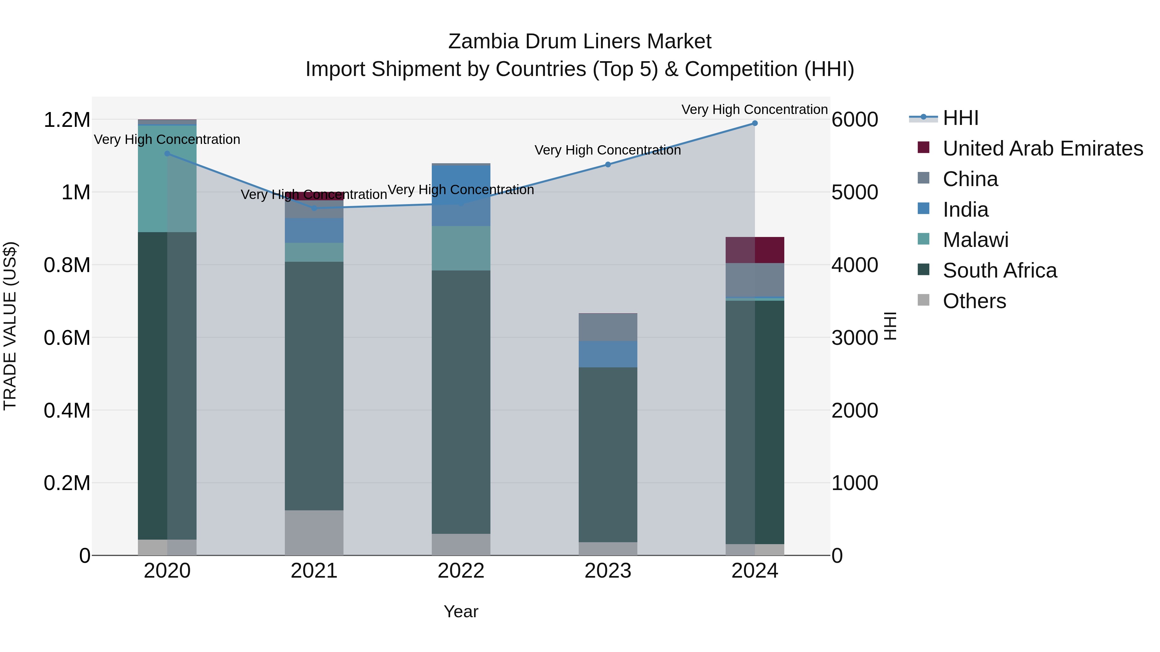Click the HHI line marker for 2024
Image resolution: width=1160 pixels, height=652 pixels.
pyautogui.click(x=755, y=123)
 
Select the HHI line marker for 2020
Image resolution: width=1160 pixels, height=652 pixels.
pyautogui.click(x=167, y=154)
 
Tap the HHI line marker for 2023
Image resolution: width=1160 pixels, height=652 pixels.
pyautogui.click(x=608, y=165)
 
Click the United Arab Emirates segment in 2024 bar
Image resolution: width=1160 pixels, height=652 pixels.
pyautogui.click(x=755, y=250)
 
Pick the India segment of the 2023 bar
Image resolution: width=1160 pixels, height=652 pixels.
pyautogui.click(x=608, y=354)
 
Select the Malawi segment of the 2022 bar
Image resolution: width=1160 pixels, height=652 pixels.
pyautogui.click(x=461, y=248)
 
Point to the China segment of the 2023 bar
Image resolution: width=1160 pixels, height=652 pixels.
pyautogui.click(x=608, y=327)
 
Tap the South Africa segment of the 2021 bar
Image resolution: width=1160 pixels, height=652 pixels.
pyautogui.click(x=314, y=386)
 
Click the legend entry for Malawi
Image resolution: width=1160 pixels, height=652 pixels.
pyautogui.click(x=975, y=240)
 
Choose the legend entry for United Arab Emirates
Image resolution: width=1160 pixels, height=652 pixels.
pyautogui.click(x=1042, y=148)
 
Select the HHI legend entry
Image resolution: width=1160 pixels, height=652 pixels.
pyautogui.click(x=960, y=118)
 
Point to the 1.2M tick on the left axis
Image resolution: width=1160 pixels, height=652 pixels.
pyautogui.click(x=67, y=120)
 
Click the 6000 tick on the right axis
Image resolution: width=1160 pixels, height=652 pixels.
pyautogui.click(x=855, y=120)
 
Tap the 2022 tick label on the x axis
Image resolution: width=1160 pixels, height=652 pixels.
pyautogui.click(x=461, y=571)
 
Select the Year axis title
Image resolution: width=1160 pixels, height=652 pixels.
pyautogui.click(x=461, y=611)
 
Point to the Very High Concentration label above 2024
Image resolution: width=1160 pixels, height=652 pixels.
pyautogui.click(x=754, y=109)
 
